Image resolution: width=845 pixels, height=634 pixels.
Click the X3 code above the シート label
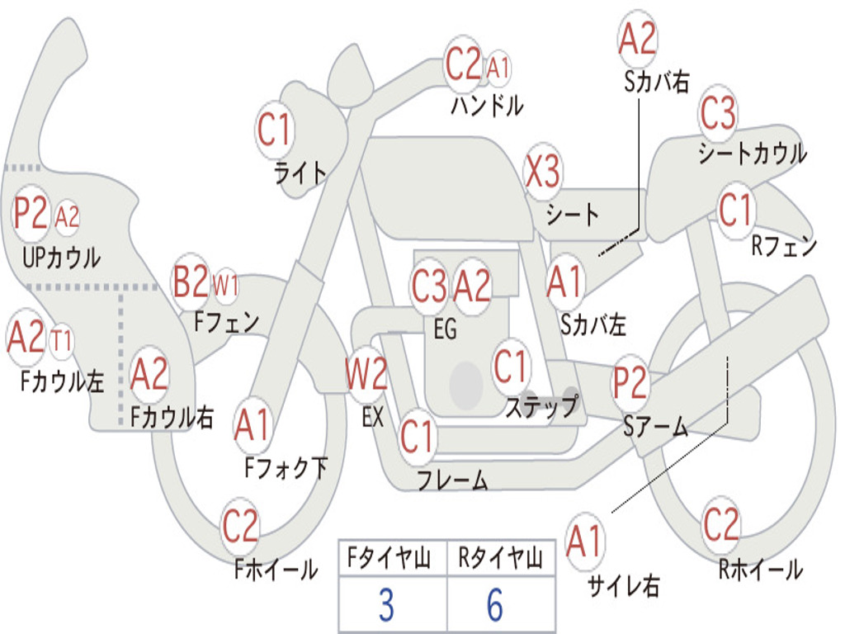[543, 172]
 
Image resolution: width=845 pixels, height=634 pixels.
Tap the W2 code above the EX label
[366, 374]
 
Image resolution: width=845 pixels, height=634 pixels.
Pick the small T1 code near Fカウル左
[61, 341]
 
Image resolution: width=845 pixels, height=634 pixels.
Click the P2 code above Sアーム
[630, 382]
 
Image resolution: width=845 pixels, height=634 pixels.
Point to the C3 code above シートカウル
[717, 112]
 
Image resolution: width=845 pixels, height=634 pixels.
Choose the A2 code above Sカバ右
[638, 39]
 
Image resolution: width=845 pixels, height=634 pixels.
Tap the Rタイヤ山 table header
[501, 558]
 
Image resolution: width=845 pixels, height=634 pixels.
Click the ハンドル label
[487, 106]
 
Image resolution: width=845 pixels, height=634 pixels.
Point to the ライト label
[300, 173]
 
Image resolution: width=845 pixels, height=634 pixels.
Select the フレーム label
[453, 480]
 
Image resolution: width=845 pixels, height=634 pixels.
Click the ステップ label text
[541, 406]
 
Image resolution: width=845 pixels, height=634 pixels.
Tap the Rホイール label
[761, 570]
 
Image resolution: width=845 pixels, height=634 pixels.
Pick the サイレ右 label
[624, 585]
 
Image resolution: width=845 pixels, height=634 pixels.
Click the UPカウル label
[61, 258]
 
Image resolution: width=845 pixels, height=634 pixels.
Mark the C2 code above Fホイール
[240, 526]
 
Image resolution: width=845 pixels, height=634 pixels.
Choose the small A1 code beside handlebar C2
[498, 69]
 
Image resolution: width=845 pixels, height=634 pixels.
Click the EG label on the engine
[445, 329]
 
